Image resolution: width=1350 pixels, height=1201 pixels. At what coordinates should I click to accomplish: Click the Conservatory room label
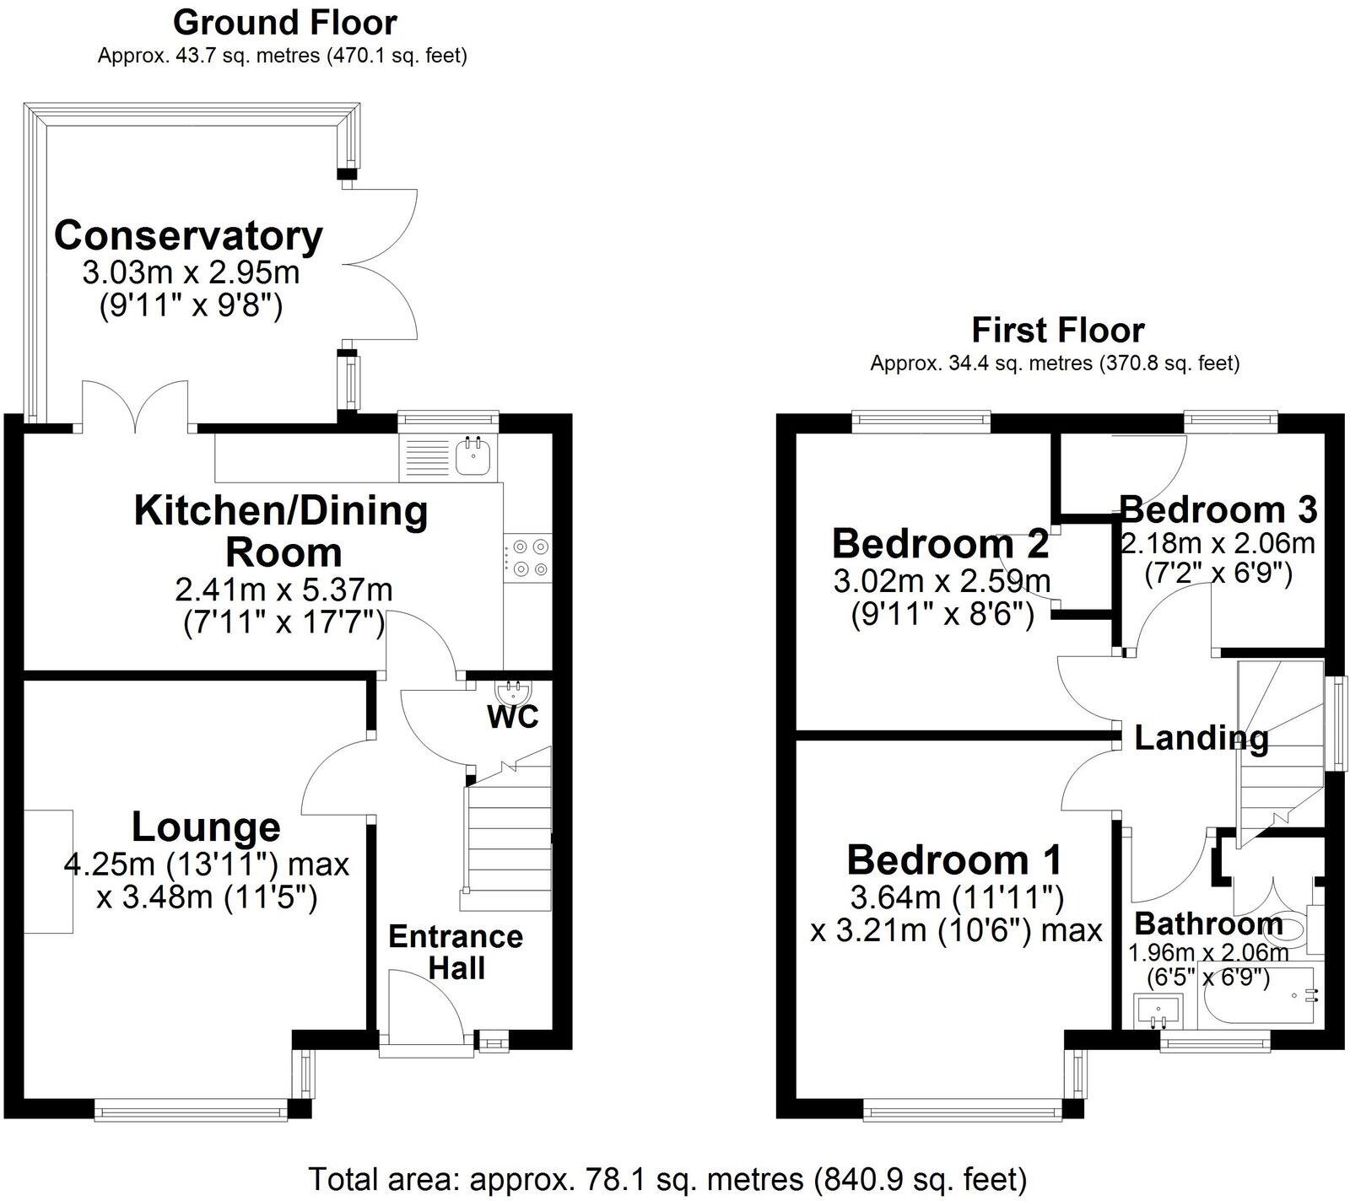pyautogui.click(x=188, y=235)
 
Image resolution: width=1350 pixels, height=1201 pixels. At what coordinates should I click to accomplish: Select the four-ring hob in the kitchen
pyautogui.click(x=528, y=558)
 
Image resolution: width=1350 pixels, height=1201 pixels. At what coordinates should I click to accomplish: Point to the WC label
pyautogui.click(x=513, y=717)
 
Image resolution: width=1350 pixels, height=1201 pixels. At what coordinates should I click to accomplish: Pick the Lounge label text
pyautogui.click(x=206, y=827)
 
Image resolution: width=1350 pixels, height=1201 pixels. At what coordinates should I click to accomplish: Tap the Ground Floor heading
pyautogui.click(x=284, y=22)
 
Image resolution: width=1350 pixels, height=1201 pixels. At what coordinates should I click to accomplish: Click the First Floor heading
pyautogui.click(x=1058, y=330)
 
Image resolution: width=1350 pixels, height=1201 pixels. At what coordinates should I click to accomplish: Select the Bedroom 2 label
pyautogui.click(x=941, y=544)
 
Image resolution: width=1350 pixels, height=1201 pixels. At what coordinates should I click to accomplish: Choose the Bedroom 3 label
pyautogui.click(x=1218, y=509)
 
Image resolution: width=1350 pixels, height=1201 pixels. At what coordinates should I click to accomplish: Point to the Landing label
pyautogui.click(x=1201, y=738)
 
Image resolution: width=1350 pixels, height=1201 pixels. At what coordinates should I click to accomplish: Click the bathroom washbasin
pyautogui.click(x=1158, y=1010)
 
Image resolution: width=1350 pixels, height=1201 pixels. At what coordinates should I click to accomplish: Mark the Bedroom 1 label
pyautogui.click(x=954, y=860)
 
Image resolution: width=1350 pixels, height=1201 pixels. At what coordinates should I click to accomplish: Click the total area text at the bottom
pyautogui.click(x=667, y=1178)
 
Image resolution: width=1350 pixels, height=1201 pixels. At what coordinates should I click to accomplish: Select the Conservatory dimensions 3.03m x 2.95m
pyautogui.click(x=191, y=273)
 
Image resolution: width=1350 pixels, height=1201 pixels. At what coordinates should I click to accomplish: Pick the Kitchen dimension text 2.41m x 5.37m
pyautogui.click(x=284, y=589)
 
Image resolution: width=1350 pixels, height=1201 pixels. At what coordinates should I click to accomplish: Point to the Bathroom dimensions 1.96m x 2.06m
pyautogui.click(x=1208, y=953)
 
